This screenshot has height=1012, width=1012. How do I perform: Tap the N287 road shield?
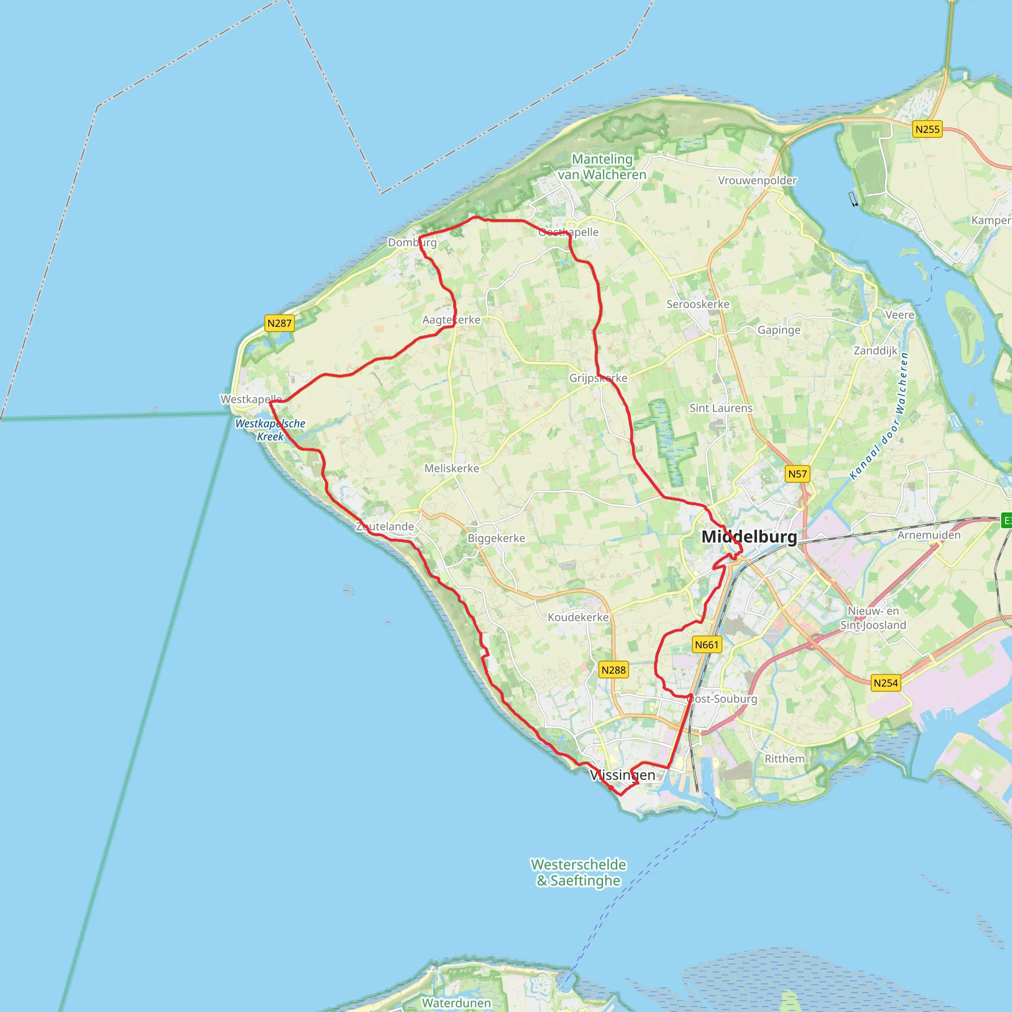(279, 323)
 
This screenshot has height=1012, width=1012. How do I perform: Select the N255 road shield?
(927, 129)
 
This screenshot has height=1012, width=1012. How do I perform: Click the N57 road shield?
(798, 474)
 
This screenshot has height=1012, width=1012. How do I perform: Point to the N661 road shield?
(707, 644)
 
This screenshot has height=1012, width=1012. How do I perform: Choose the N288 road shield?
(613, 670)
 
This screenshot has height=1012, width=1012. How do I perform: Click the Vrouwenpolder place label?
(757, 181)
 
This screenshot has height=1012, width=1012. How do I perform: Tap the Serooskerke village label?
(698, 304)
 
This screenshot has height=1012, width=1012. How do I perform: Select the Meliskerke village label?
(452, 468)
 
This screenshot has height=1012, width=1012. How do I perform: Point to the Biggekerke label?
(496, 538)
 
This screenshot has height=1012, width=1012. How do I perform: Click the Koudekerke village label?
(578, 617)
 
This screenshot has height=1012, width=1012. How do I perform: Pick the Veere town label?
(900, 315)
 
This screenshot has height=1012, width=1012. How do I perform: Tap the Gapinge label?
(779, 330)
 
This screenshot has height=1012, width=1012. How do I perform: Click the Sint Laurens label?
(721, 408)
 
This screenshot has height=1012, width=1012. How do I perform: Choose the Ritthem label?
(785, 759)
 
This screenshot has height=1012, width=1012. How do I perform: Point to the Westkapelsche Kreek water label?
(270, 430)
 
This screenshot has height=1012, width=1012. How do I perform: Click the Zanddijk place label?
(875, 350)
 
